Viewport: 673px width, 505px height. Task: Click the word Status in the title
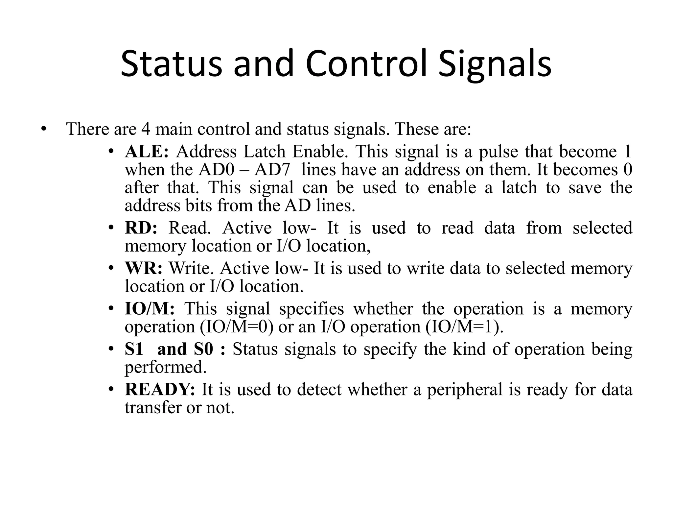click(171, 64)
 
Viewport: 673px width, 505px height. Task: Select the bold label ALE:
click(147, 152)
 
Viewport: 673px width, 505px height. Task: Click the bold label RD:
click(141, 228)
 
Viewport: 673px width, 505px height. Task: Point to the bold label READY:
click(160, 390)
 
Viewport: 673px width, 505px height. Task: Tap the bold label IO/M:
click(150, 309)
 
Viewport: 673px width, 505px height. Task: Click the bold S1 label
click(134, 349)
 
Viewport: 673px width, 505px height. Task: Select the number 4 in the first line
click(146, 129)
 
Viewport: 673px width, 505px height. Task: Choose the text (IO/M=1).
click(464, 327)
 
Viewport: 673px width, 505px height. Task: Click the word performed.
click(165, 367)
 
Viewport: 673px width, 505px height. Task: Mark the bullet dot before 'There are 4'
click(43, 129)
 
